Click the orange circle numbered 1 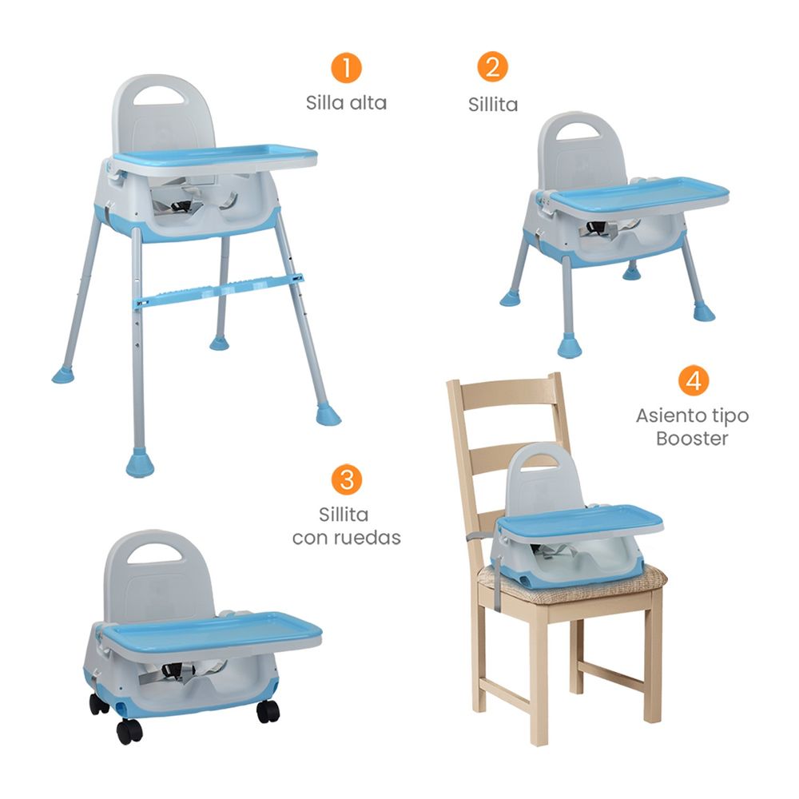pos(346,68)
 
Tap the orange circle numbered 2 pos(492,67)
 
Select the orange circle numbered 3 pos(347,479)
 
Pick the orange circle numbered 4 pos(694,380)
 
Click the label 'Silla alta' pos(346,103)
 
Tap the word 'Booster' pos(692,438)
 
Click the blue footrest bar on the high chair pos(219,292)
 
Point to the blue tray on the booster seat pos(581,521)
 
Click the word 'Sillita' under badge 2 pos(493,105)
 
